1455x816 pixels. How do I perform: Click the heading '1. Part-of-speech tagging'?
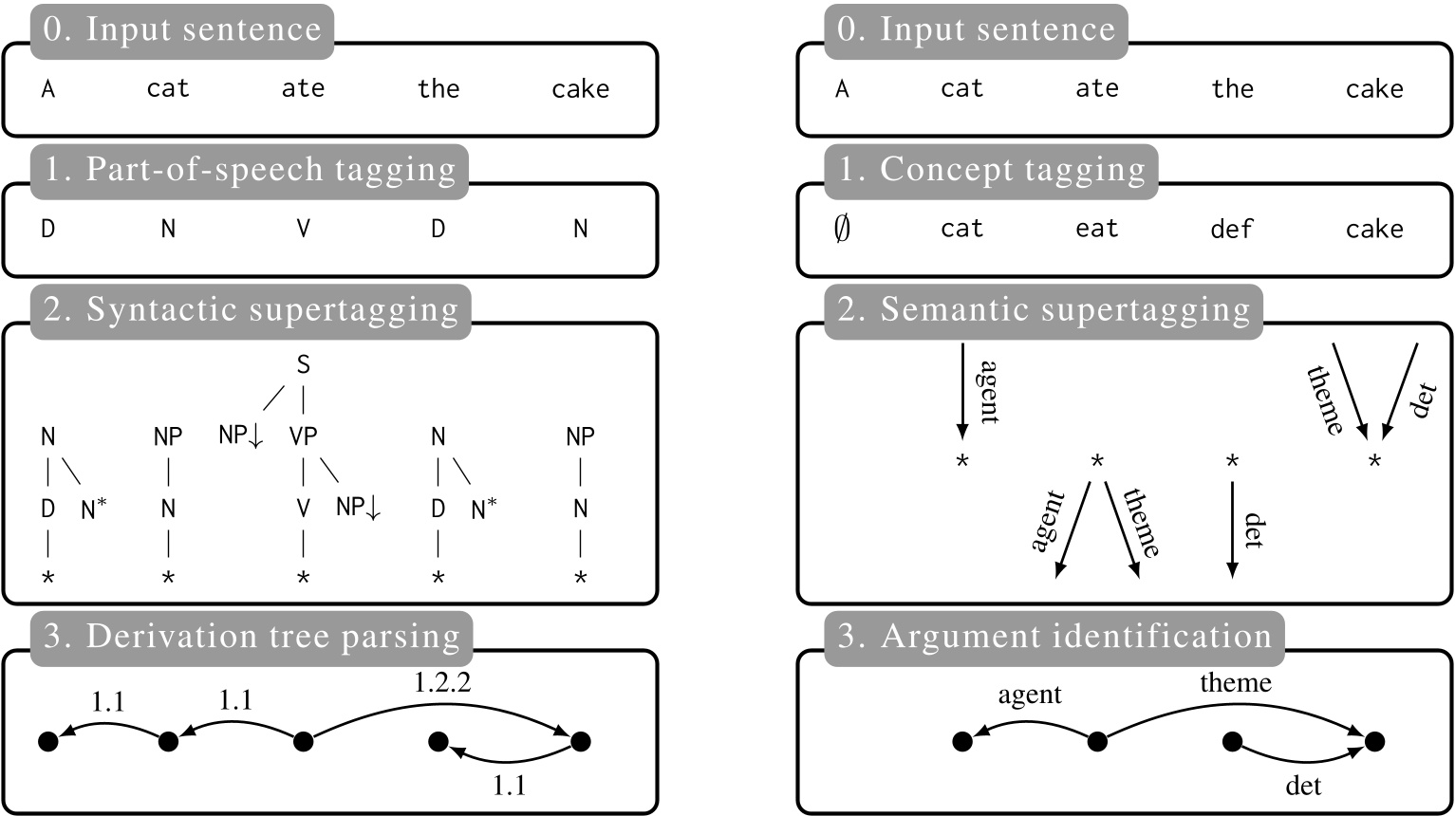250,171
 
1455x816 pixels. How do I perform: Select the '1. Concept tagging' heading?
991,171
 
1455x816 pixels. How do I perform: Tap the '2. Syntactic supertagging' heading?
252,310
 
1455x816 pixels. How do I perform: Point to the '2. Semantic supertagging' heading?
1043,310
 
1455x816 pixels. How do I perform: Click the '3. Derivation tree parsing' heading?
252,637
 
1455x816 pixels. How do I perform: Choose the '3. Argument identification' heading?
1054,637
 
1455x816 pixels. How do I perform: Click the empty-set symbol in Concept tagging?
841,229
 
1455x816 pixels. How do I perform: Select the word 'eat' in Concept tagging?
1097,229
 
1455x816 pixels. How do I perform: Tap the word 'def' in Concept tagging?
1232,229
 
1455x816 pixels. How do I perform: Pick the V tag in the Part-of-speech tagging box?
303,229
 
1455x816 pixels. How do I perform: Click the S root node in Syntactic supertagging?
303,365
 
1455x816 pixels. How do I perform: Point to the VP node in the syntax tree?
303,436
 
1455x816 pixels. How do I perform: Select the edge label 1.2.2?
442,683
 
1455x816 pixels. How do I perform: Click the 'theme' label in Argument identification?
1235,682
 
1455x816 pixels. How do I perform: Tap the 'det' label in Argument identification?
1302,785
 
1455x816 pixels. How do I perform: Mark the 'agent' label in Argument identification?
1030,695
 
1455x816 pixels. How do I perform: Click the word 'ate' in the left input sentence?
303,89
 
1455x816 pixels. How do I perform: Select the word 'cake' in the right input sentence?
1374,89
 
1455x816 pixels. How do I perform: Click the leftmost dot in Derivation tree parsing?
48,741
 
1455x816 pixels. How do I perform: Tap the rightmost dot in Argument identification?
1374,741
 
